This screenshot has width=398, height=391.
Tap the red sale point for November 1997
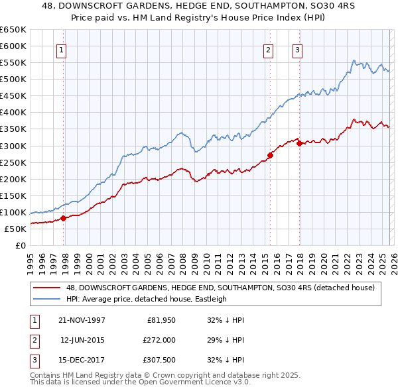pos(64,217)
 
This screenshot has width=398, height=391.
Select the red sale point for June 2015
pos(270,155)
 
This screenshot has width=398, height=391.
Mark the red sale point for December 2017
pos(299,142)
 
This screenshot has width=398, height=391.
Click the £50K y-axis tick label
pos(16,229)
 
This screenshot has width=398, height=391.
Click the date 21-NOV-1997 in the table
pos(82,320)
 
